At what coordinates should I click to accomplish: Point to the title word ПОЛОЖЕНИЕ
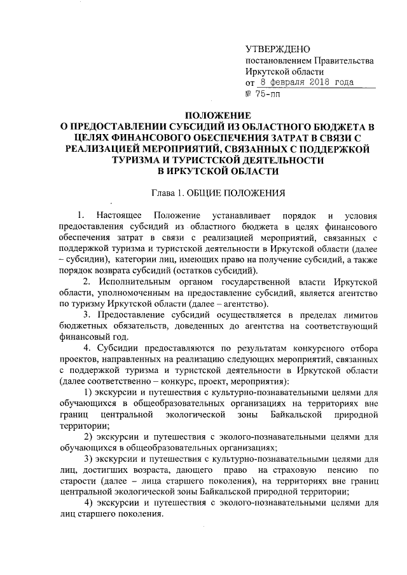pyautogui.click(x=218, y=115)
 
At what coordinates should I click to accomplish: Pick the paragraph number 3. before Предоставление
pyautogui.click(x=88, y=316)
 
